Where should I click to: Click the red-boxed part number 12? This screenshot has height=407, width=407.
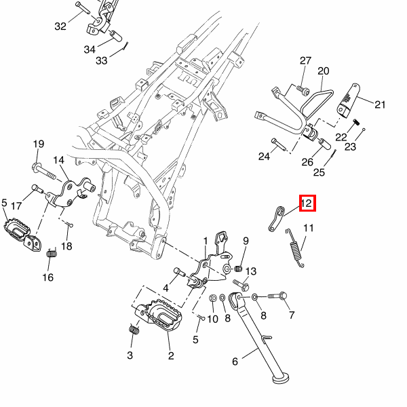(306, 203)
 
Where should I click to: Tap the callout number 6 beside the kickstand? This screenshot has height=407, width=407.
(235, 362)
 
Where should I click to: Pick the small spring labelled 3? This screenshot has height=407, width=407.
(133, 330)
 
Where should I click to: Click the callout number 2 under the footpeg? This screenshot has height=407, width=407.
(170, 355)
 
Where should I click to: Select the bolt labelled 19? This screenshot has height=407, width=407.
(37, 167)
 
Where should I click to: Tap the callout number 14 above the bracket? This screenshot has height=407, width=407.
(58, 160)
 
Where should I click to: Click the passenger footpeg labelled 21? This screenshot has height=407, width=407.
(349, 100)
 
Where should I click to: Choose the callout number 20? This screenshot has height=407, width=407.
(323, 71)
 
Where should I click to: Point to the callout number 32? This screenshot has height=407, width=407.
(61, 26)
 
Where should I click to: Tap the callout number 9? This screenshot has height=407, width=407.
(246, 241)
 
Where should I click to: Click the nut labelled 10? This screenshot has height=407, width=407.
(213, 298)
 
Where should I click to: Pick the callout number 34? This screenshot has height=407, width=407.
(90, 50)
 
